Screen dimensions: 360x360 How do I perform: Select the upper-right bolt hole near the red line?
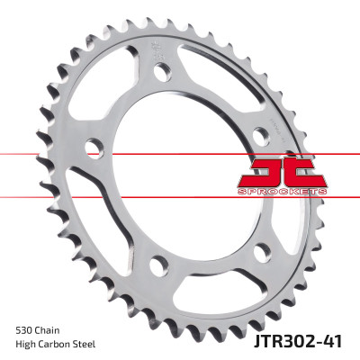[x=259, y=135]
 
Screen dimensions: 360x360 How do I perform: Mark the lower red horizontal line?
[x=54, y=193]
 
